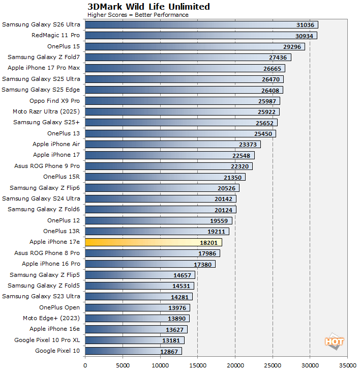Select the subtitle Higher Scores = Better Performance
138,15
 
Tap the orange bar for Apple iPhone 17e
153,242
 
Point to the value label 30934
304,36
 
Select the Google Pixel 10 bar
133,351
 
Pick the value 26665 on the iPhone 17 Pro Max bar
272,68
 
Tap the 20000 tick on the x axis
235,364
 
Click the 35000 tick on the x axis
347,364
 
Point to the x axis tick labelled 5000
123,364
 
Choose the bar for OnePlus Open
137,307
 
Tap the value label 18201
208,242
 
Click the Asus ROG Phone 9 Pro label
47,166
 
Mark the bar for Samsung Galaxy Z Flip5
140,275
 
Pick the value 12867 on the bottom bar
169,351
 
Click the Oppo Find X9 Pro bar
182,101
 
